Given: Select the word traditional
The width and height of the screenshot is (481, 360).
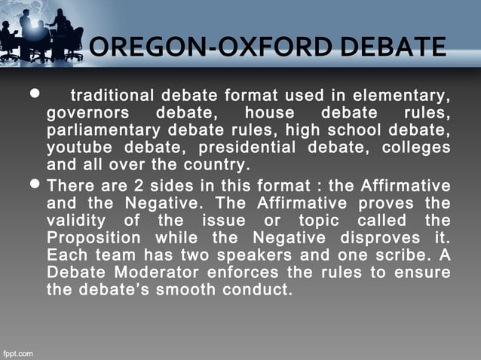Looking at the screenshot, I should point(112,96).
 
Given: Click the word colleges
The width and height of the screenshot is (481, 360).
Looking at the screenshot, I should point(416,147).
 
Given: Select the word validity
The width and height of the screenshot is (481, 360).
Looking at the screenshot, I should point(77,220).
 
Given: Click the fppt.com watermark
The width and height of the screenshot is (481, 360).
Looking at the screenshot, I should point(17,352).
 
